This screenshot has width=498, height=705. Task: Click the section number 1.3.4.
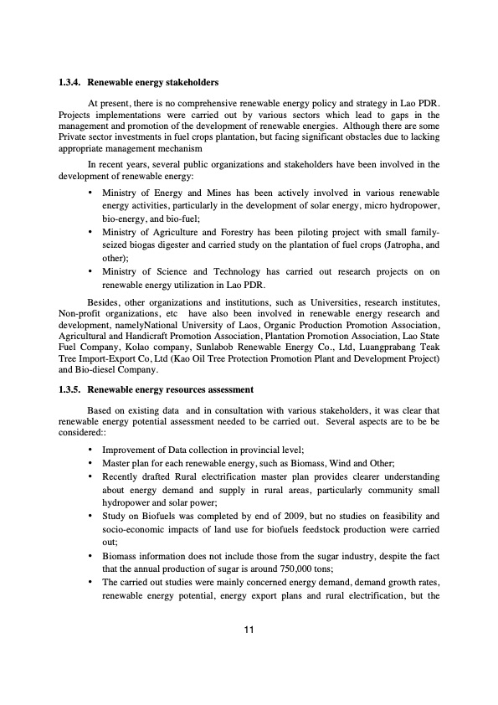coord(69,83)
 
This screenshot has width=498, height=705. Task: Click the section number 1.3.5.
coord(69,390)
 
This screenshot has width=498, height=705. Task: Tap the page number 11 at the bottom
coord(249,630)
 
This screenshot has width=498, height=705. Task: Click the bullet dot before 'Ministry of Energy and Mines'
coord(90,193)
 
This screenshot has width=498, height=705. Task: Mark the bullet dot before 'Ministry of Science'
coord(90,272)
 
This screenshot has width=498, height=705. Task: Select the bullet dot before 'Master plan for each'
coord(90,463)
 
